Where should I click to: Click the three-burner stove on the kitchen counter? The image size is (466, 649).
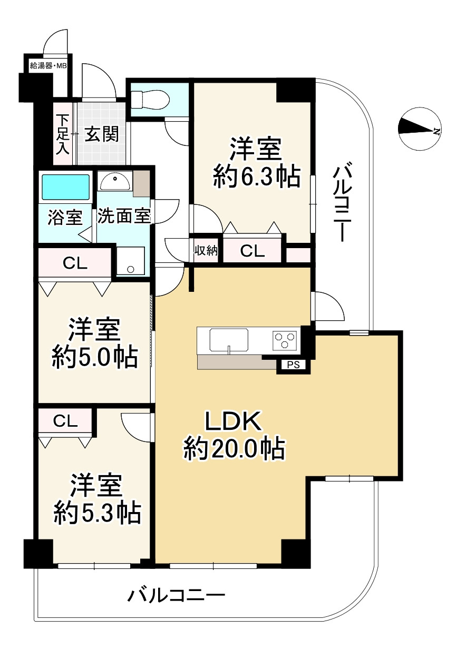coord(285,340)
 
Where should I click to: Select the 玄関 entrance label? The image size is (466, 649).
coord(102,134)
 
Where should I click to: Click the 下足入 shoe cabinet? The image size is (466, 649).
coord(63,134)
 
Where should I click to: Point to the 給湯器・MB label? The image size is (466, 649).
coord(47,66)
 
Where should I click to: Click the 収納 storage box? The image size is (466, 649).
coord(206,251)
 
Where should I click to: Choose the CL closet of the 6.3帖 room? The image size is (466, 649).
coord(253,251)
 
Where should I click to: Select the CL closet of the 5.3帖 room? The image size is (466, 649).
coord(66,421)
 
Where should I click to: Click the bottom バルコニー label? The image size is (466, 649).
coord(177,596)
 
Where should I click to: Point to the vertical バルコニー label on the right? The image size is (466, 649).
coord(341,203)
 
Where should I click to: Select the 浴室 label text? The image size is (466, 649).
coord(65,217)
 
